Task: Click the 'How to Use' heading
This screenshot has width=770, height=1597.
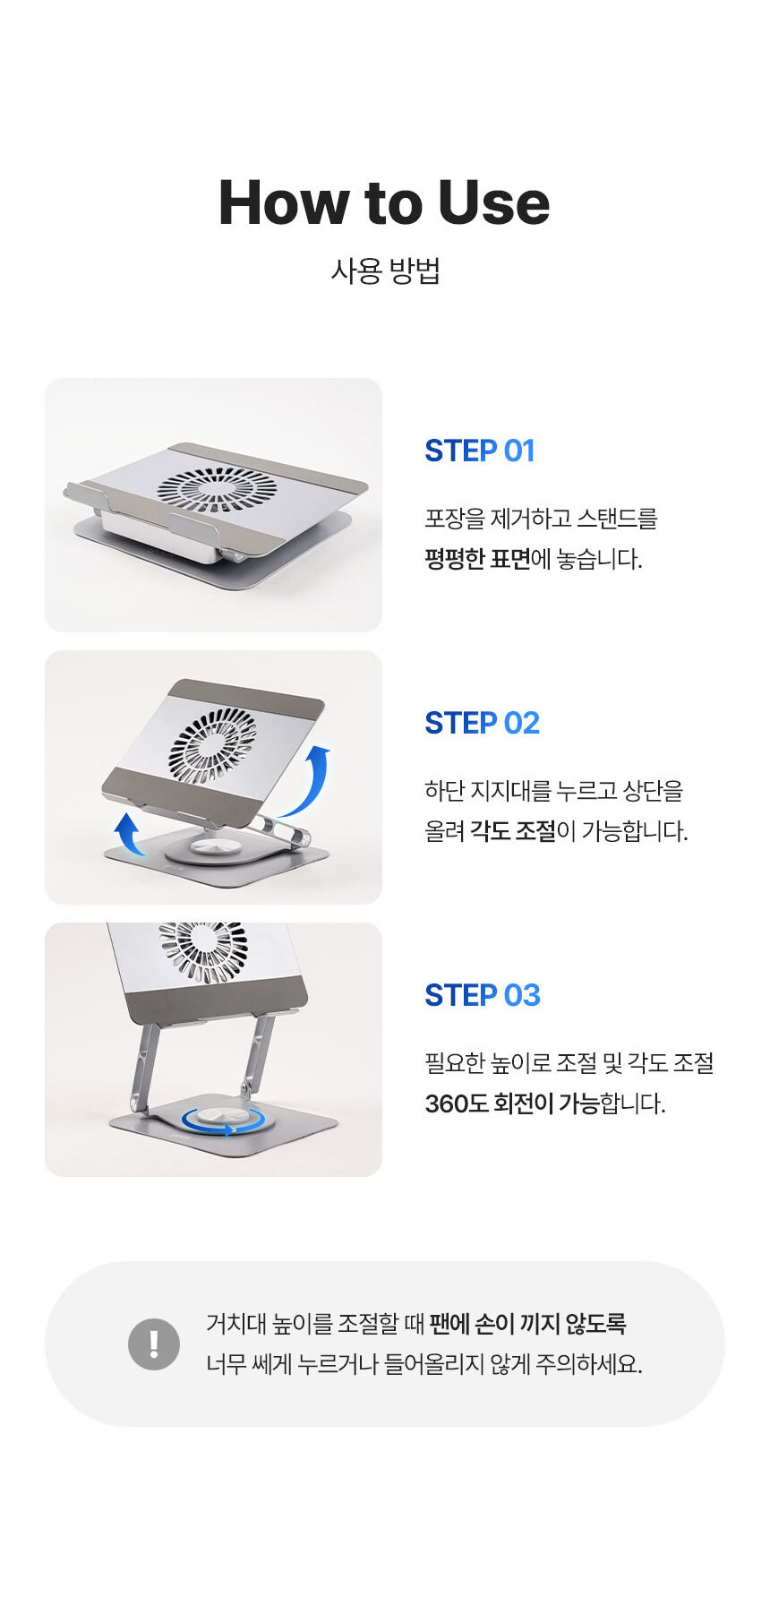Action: (x=384, y=202)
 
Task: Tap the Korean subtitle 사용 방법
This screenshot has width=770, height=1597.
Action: (x=385, y=270)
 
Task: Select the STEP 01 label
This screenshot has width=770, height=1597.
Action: (x=480, y=451)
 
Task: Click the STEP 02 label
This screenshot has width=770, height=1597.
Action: (x=483, y=723)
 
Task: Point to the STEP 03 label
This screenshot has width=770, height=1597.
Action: (x=483, y=995)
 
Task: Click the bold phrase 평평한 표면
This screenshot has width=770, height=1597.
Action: (x=477, y=560)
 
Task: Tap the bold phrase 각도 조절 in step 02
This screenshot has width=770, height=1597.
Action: (x=513, y=832)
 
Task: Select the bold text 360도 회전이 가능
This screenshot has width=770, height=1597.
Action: (x=512, y=1103)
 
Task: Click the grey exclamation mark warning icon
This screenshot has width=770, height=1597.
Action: (x=154, y=1344)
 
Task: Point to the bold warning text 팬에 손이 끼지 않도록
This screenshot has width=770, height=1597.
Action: (x=527, y=1324)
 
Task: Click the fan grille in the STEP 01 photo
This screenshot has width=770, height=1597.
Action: (x=218, y=489)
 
